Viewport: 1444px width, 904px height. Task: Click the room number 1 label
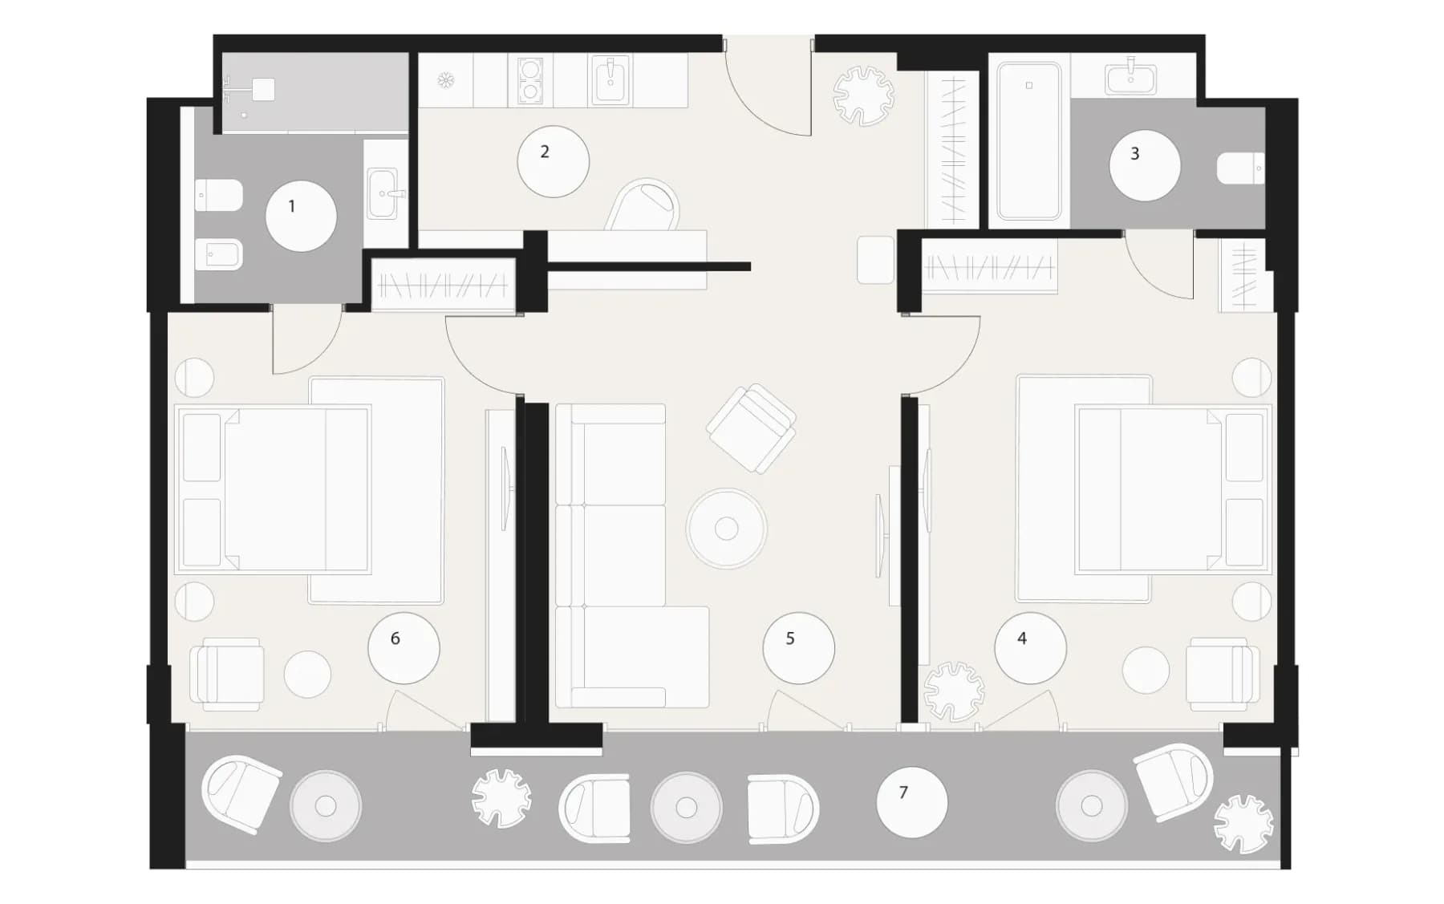tap(301, 216)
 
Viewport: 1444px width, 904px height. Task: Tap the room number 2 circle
tap(553, 161)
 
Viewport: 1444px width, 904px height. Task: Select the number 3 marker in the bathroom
tap(1145, 165)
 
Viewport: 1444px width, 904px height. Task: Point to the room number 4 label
tap(1030, 648)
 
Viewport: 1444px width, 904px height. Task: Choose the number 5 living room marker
tap(798, 648)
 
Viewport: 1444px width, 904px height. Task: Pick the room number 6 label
tap(404, 648)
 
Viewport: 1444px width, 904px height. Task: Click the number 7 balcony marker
tap(912, 802)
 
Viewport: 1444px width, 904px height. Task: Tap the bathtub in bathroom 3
tap(1029, 141)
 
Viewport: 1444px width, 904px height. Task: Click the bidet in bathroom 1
tap(219, 255)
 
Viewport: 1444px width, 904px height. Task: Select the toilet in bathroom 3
tap(1240, 168)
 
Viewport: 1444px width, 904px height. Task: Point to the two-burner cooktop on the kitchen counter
tap(529, 80)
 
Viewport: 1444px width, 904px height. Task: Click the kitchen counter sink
tap(610, 80)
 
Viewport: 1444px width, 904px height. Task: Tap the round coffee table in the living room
tap(726, 529)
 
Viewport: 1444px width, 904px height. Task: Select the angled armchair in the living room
tap(751, 428)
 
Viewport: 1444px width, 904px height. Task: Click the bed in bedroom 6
tap(274, 489)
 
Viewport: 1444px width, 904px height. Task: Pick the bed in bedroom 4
tap(1174, 489)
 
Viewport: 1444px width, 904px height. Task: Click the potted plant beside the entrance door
tap(863, 95)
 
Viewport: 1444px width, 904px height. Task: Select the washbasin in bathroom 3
tap(1131, 79)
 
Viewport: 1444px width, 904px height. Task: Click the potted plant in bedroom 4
tap(953, 691)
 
